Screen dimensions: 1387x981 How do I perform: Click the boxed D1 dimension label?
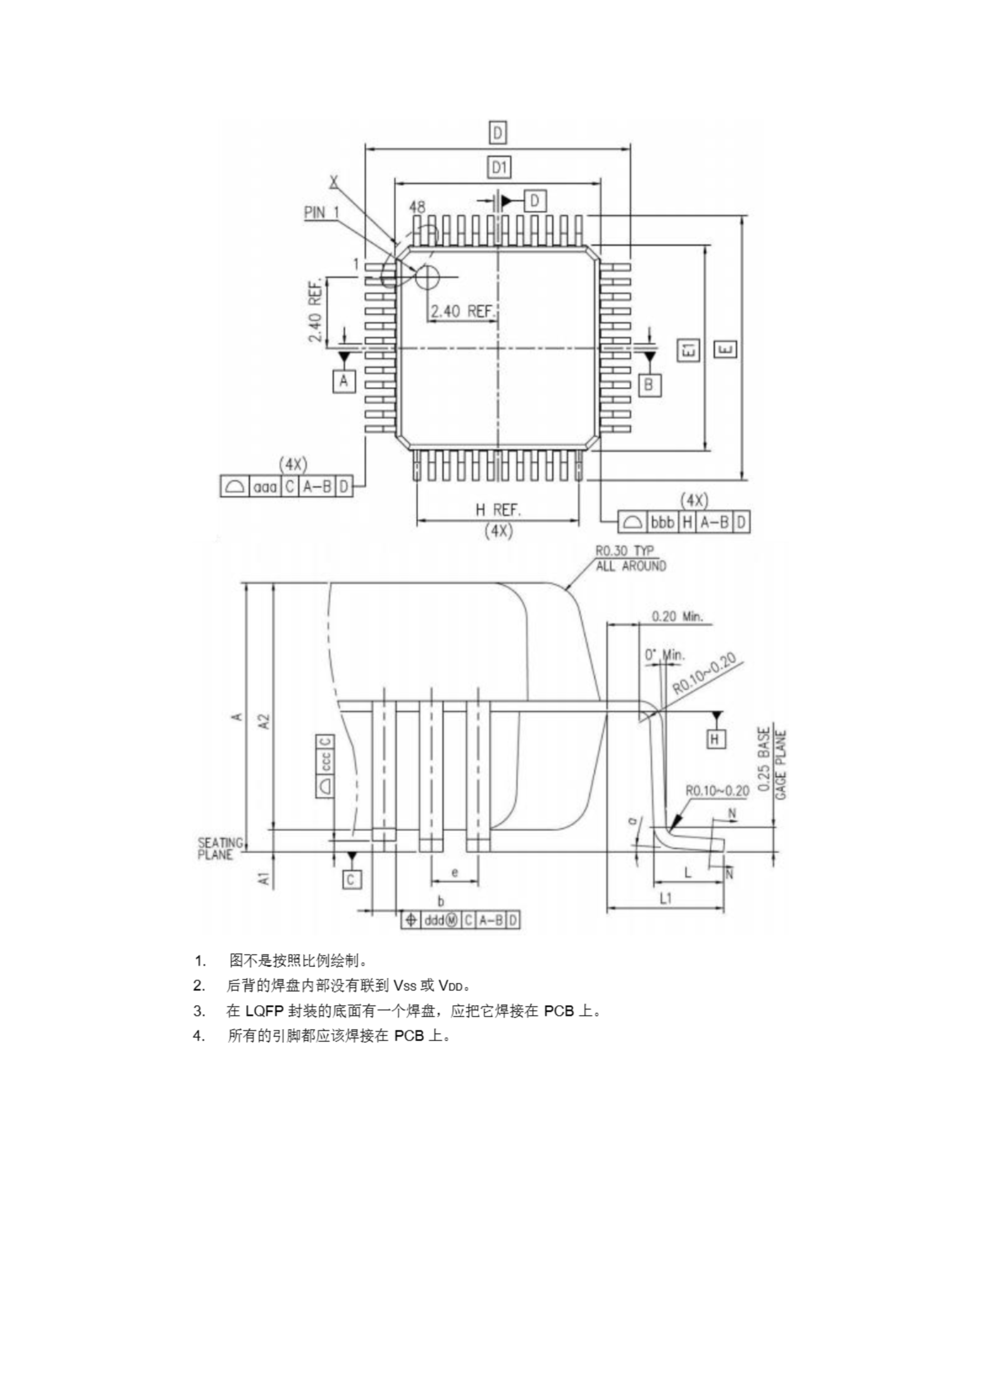coord(499,167)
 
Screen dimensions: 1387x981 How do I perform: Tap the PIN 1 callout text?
coord(321,212)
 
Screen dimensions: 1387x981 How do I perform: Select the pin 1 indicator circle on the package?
coord(427,277)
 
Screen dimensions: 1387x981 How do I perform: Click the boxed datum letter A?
coord(344,381)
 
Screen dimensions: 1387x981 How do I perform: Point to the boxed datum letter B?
coord(649,385)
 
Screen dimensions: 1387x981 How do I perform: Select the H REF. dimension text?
coord(498,510)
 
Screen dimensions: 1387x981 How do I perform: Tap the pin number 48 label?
coord(417,207)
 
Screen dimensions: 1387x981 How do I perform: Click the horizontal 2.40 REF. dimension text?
coord(462,311)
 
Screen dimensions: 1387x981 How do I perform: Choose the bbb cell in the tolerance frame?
coord(662,522)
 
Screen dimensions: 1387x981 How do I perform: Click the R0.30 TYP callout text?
coord(624,551)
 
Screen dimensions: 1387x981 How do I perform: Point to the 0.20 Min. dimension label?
coord(677,617)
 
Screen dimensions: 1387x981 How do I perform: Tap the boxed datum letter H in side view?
coord(715,739)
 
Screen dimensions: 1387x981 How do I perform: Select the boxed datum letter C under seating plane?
coord(351,880)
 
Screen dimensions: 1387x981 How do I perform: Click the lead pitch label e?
coord(455,872)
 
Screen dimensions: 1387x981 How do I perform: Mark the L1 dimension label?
coord(665,898)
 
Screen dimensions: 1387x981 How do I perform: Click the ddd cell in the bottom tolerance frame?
coord(434,920)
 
